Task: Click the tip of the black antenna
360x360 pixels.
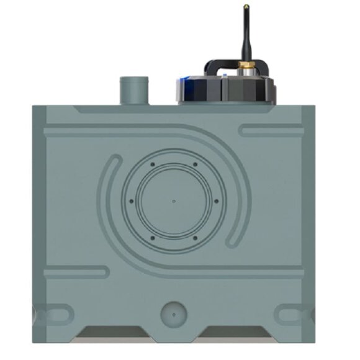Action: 245,7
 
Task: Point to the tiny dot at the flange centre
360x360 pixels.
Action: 174,201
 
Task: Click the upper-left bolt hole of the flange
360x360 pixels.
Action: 153,164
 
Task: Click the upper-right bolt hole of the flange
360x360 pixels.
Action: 195,164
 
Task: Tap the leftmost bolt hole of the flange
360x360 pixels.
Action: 132,201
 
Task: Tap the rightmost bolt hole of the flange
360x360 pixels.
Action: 215,201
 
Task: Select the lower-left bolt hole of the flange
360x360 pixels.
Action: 153,238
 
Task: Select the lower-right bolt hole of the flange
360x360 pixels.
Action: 195,238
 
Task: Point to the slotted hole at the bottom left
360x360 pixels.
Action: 55,314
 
